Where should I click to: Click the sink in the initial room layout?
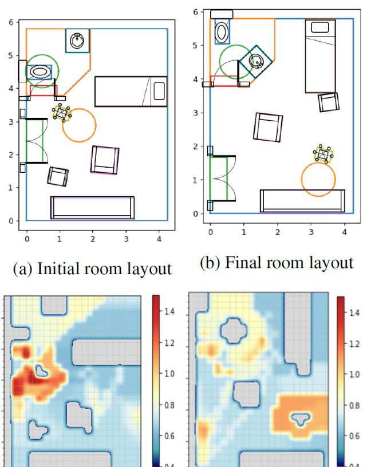pos(77,41)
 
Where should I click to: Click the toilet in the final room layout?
pos(222,31)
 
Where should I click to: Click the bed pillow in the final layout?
pos(320,27)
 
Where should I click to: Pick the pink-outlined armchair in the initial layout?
pos(105,160)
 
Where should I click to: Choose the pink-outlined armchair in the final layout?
pos(268,127)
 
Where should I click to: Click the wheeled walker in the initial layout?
pos(62,113)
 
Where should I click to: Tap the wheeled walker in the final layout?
pos(323,154)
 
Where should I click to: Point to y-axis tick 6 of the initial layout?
pos(11,22)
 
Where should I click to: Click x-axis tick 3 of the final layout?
pos(311,232)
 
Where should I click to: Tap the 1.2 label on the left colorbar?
pos(169,343)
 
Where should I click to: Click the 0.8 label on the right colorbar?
pos(354,405)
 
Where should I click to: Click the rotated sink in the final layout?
pos(256,61)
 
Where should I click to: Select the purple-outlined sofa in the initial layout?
pos(93,208)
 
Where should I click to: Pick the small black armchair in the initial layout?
pos(58,177)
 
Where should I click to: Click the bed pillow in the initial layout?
pos(159,91)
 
